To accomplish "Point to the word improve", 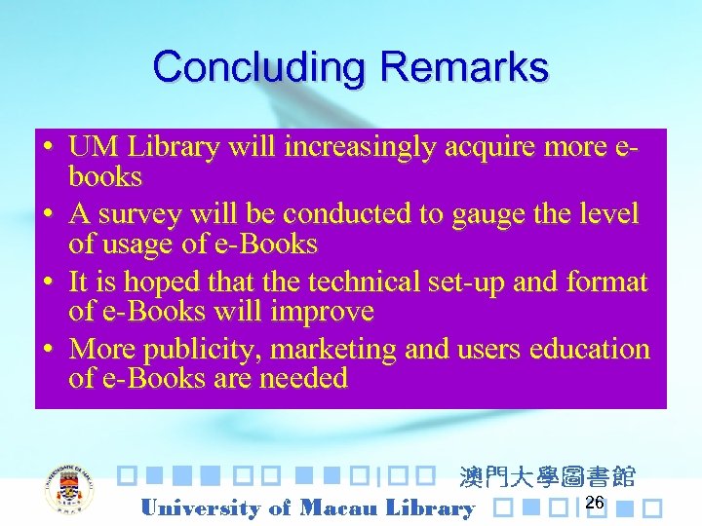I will pos(326,311).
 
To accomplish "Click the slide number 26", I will pos(595,502).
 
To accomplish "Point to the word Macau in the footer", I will pos(340,507).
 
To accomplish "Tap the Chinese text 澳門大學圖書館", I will pos(547,476).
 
